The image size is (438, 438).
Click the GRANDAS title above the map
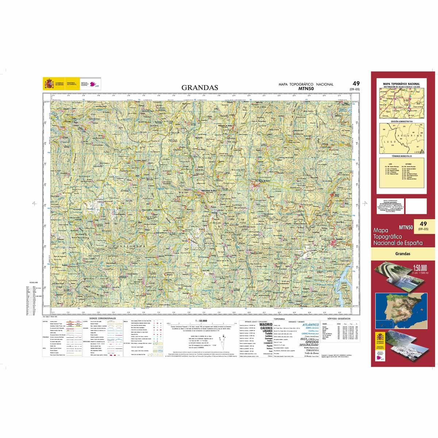(200, 88)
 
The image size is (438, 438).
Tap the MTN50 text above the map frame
(306, 88)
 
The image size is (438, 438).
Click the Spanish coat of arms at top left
(48, 84)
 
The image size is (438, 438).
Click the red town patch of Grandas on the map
(335, 243)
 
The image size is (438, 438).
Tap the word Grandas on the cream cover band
(403, 254)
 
